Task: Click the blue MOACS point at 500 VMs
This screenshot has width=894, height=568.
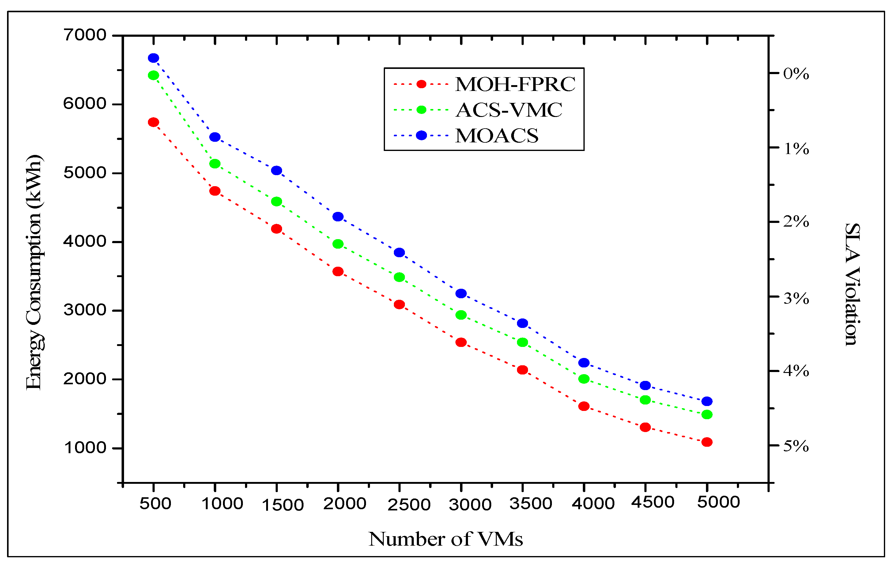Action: [153, 58]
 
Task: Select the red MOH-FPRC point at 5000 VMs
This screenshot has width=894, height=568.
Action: [707, 442]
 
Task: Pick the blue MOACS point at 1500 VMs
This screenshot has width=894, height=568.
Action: [277, 170]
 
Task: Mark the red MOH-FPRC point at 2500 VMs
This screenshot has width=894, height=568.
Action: [399, 304]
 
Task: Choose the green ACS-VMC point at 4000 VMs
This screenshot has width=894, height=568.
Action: [584, 379]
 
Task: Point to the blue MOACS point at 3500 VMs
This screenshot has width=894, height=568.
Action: [522, 323]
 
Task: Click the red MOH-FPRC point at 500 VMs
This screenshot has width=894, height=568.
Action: [153, 122]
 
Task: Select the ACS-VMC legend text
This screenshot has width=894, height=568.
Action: [509, 110]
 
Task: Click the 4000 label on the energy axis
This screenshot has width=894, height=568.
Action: [85, 241]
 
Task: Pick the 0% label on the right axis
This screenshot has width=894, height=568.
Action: [796, 73]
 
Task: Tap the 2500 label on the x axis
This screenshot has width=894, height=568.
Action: [409, 505]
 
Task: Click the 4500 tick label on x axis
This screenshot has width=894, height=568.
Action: [653, 502]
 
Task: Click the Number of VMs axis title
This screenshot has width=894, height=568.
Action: [446, 539]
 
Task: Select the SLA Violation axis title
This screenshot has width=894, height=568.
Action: [852, 284]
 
